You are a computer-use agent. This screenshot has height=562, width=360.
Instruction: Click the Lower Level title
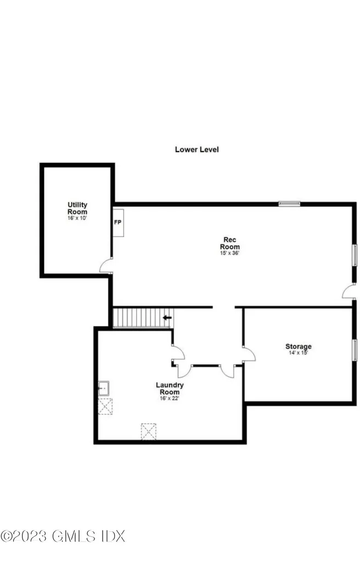196,149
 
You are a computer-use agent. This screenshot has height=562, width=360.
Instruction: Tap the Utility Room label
77,209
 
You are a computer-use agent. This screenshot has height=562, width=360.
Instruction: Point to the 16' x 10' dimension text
77,218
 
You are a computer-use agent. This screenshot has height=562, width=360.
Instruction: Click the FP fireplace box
118,222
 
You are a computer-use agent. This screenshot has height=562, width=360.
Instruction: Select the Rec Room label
229,243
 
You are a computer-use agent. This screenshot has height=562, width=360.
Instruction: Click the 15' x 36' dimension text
229,253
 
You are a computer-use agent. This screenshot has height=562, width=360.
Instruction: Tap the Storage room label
298,346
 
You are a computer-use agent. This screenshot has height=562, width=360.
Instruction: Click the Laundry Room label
169,389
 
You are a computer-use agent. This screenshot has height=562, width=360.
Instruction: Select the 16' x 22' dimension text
169,398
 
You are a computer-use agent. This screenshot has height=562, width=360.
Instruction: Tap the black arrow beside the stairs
167,317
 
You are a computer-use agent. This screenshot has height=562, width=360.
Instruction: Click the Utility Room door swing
106,267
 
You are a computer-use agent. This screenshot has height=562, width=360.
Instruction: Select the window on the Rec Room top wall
289,204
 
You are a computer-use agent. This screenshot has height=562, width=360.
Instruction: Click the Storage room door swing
248,354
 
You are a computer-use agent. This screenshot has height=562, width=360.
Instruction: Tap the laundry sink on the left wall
104,389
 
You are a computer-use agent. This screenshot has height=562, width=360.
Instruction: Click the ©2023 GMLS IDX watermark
63,536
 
